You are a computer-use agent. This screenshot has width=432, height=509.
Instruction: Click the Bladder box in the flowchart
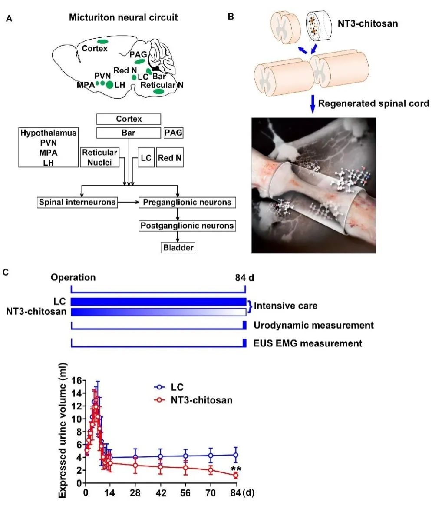coord(178,248)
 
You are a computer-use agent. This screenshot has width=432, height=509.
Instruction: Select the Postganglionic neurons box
coord(187,226)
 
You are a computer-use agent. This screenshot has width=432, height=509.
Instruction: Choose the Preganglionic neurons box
coord(188,202)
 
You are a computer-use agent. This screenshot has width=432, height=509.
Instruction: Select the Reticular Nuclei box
coord(99,157)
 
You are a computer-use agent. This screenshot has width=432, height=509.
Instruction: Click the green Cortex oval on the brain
coord(102,42)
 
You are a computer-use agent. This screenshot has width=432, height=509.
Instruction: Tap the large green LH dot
coord(110,84)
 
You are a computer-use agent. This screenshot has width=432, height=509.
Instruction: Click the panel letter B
coord(231,17)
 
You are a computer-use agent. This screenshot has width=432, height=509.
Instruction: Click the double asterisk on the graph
coord(236,469)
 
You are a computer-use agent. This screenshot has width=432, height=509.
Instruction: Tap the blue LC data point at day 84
coord(236,455)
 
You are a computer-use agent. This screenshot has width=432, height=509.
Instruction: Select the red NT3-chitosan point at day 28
coord(136,465)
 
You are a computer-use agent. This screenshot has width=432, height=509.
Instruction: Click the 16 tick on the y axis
coord(77,381)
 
